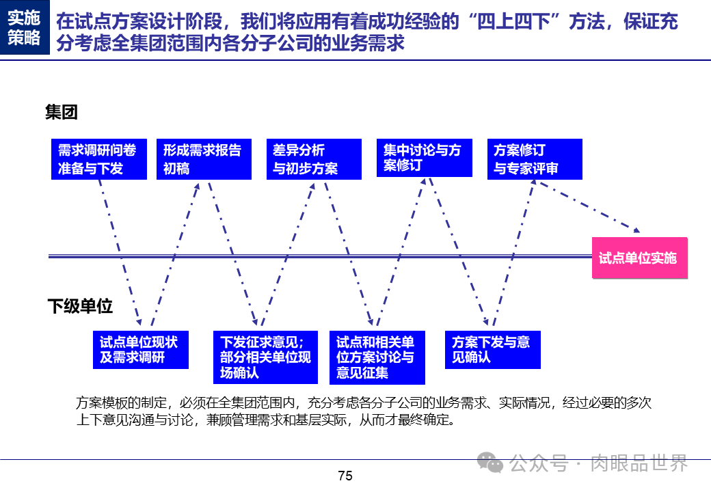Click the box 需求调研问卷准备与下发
(x=99, y=159)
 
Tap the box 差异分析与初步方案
(x=314, y=159)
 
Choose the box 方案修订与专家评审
(x=535, y=159)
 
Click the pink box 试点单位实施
(x=639, y=258)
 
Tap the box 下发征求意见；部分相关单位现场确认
(x=265, y=356)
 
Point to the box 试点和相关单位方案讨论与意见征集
(x=377, y=357)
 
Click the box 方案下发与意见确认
(x=493, y=349)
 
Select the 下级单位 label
(x=81, y=306)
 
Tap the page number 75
(x=345, y=476)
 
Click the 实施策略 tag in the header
(x=25, y=28)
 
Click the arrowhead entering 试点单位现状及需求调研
(x=138, y=320)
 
